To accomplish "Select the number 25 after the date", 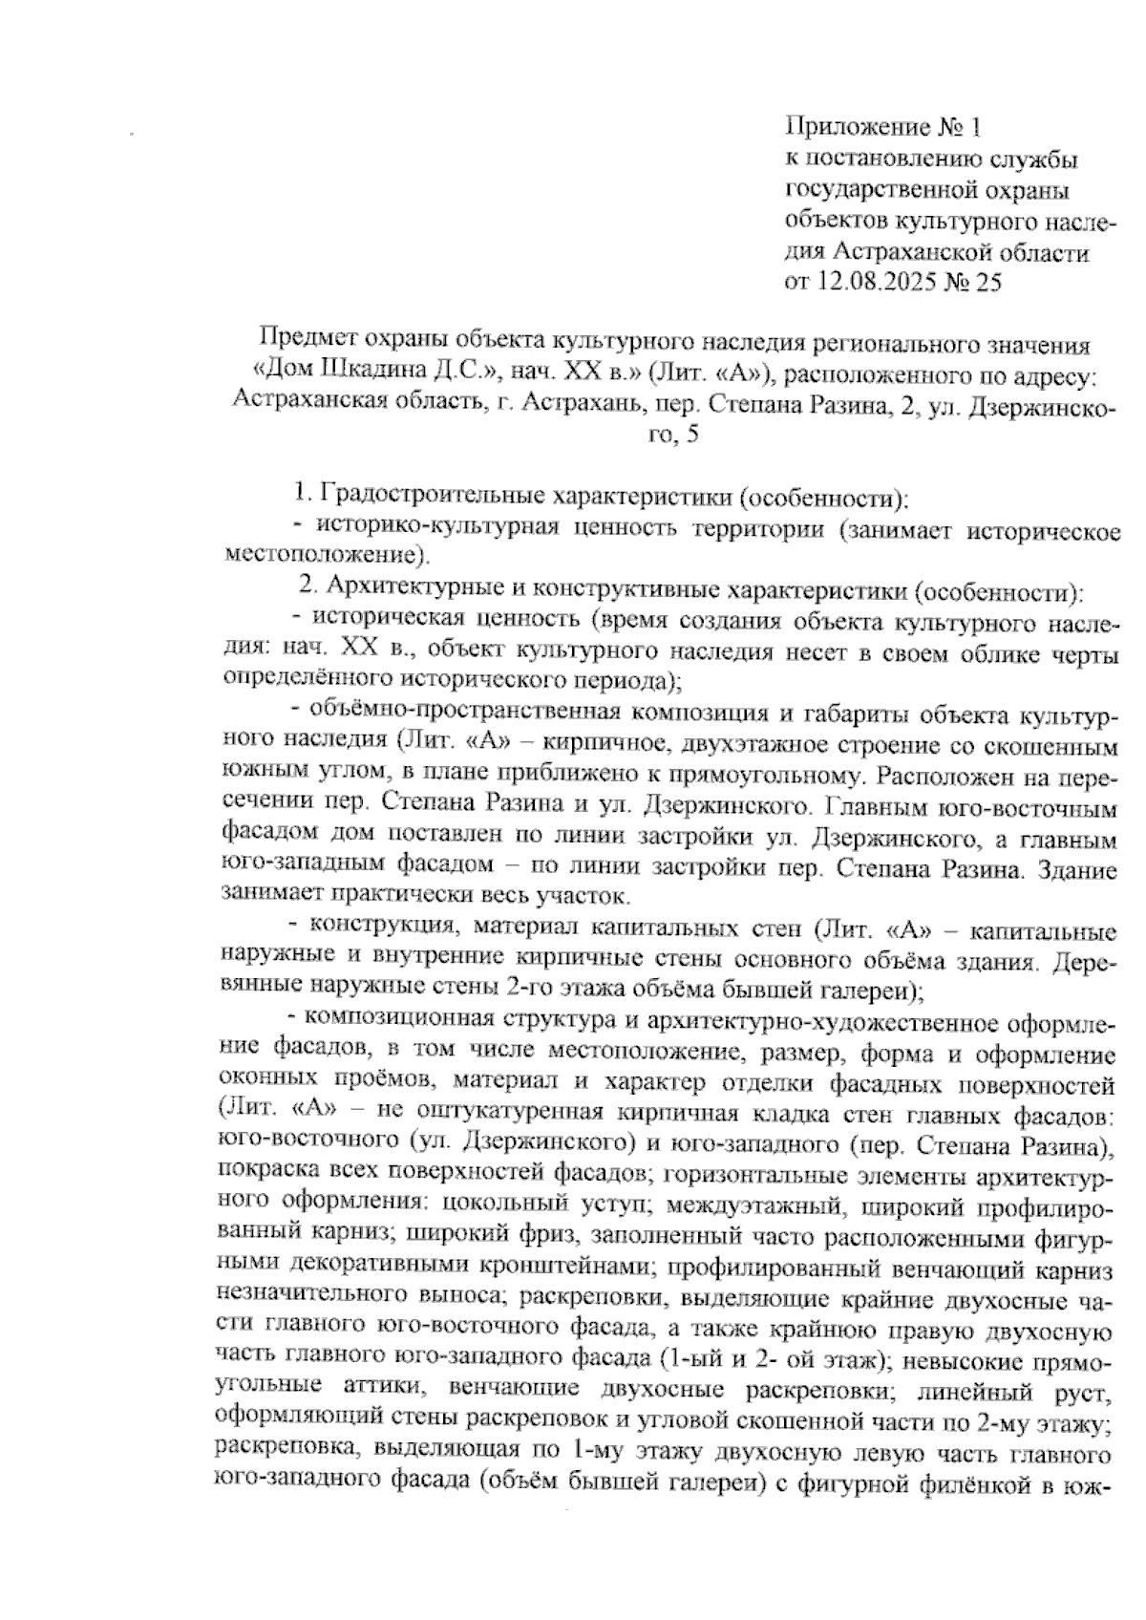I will tap(987, 284).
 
